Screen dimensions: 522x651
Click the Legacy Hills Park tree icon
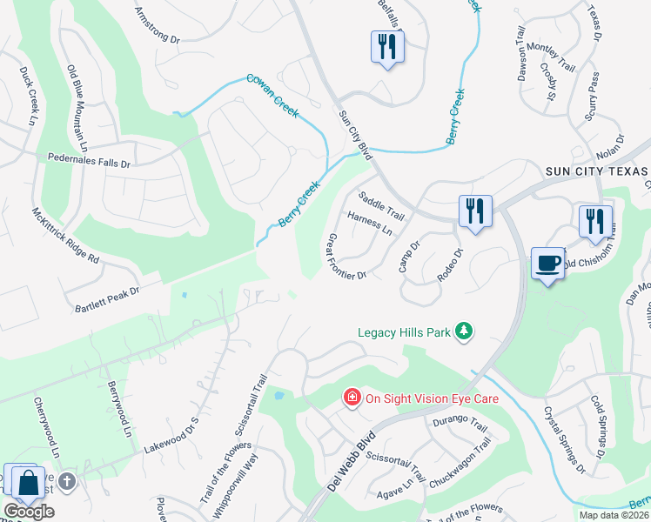[x=466, y=331]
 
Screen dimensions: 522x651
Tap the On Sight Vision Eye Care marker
[x=352, y=398]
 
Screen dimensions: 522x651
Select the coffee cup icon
[x=547, y=264]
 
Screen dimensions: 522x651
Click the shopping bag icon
[x=27, y=482]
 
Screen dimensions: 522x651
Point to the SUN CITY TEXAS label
[x=597, y=171]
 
